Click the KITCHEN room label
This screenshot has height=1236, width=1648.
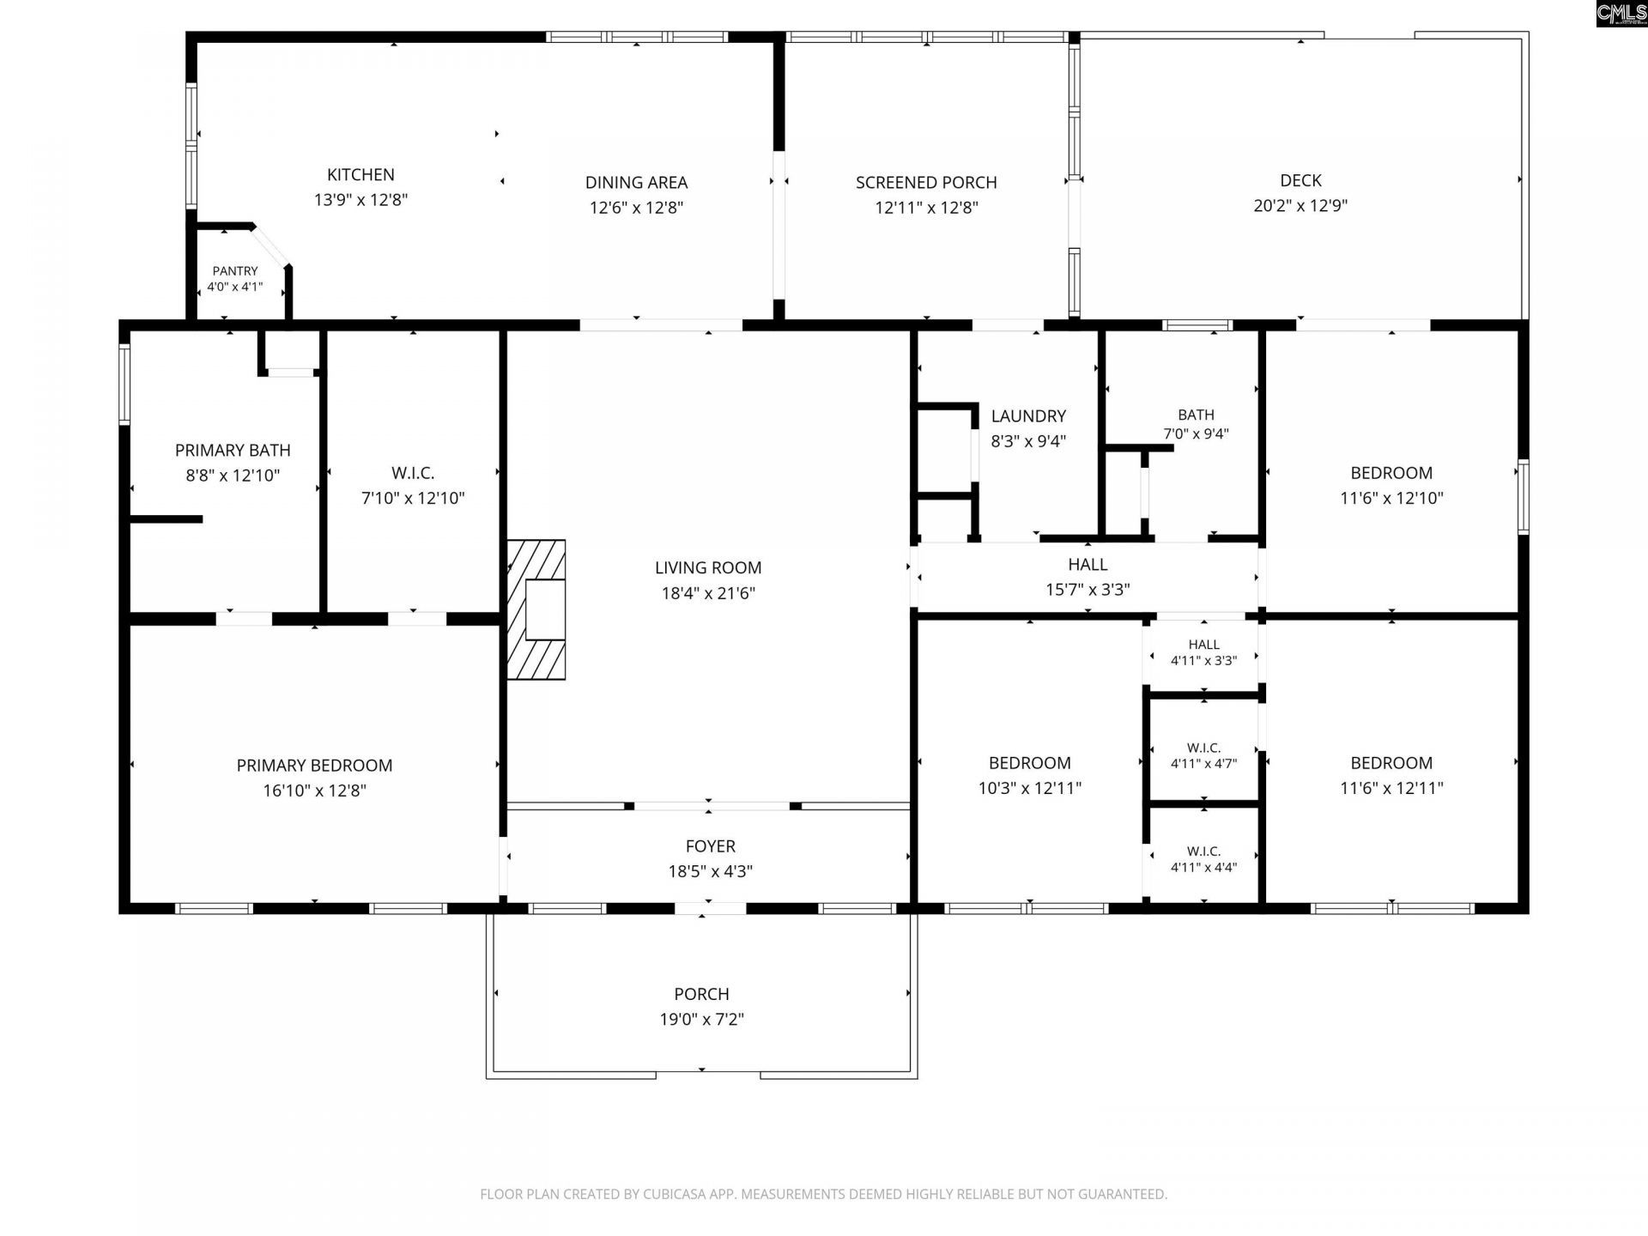360,175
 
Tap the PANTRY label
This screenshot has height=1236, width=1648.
235,271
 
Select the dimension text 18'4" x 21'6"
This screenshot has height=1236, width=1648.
708,593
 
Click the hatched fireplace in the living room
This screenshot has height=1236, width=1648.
536,609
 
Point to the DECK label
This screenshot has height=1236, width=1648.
1300,180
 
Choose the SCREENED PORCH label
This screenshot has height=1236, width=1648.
926,183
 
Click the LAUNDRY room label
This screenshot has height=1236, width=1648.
1028,416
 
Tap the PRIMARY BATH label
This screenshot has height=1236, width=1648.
233,451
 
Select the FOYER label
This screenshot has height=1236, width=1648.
711,846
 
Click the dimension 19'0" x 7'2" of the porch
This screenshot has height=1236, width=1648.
702,1020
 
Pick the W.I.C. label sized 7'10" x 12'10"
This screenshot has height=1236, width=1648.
413,473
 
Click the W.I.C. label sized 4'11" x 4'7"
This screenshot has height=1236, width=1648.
1204,748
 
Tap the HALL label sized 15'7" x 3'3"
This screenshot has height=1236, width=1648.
1088,565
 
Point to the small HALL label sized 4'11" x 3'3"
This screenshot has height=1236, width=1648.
1204,645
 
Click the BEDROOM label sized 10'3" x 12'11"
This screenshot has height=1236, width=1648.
1030,763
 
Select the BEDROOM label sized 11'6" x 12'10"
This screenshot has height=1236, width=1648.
1391,473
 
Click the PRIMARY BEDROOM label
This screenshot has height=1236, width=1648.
315,766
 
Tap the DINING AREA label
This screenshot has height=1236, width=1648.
636,183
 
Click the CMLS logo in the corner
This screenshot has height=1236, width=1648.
1621,14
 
